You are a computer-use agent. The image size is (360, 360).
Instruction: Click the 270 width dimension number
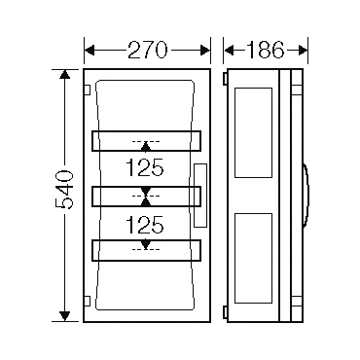(148, 51)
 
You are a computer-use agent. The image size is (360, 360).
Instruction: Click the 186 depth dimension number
(266, 51)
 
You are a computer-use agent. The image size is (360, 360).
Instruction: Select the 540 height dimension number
(64, 189)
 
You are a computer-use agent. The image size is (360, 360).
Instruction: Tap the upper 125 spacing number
(145, 168)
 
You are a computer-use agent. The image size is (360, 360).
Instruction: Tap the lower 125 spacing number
(145, 225)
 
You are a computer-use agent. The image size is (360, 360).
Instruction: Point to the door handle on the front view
(200, 196)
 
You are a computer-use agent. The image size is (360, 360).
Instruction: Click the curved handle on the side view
(306, 195)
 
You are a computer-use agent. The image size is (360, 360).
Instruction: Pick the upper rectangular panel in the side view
(253, 132)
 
